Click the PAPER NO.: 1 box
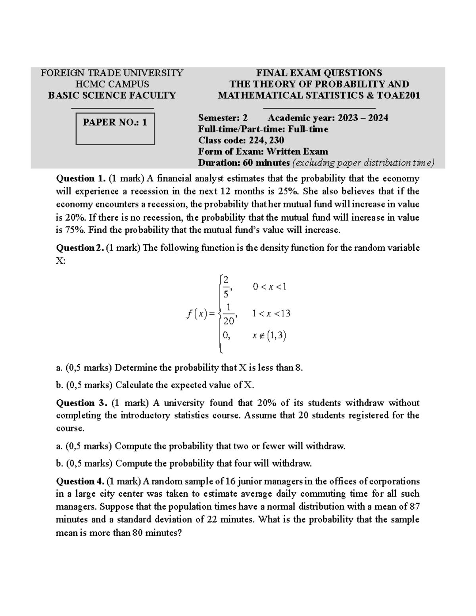115,129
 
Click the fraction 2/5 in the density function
226,286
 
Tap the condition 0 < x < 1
269,286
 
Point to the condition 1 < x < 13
271,314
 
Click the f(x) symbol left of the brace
196,314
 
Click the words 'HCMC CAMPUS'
112,84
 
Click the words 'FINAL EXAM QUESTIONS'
319,73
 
